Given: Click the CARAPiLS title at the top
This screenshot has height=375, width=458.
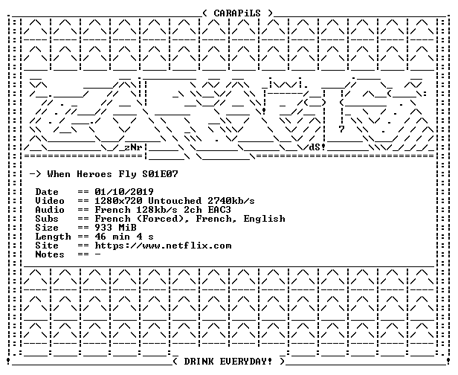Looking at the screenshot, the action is [237, 13].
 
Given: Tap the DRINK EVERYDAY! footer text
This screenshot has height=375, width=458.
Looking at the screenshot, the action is [228, 362].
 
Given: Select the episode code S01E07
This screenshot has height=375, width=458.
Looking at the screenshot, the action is [160, 174].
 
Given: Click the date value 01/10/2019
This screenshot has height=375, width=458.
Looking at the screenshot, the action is [124, 192].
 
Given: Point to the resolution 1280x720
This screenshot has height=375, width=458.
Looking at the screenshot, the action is [118, 201].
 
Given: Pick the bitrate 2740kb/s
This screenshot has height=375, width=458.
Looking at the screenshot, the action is [231, 201].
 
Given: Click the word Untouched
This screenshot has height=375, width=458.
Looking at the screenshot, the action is [175, 201].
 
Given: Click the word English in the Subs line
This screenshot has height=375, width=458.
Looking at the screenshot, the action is [265, 219].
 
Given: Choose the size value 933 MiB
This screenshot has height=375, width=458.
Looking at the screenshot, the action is [115, 228].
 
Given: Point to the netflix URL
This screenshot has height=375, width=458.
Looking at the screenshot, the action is [163, 246].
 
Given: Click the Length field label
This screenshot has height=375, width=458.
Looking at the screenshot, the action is [54, 237].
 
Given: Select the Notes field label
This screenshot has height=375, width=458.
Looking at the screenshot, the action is [50, 254].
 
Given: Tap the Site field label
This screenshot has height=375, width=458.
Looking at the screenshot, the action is [47, 246].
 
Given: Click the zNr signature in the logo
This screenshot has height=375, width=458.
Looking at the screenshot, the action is [133, 147].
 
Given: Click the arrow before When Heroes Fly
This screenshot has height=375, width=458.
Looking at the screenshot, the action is [36, 175].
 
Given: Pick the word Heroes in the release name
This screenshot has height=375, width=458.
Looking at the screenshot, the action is [94, 174].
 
